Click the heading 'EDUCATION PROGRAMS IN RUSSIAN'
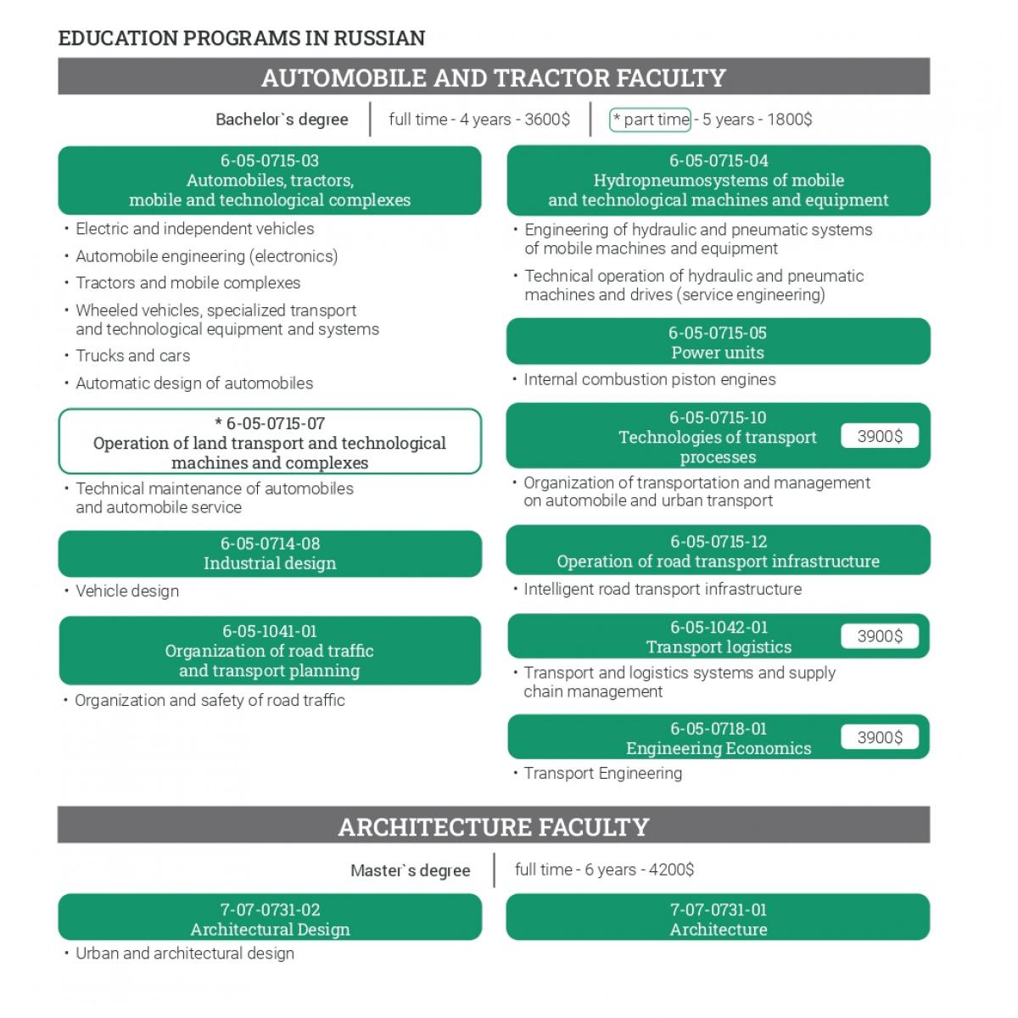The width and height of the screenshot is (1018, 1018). pos(242,38)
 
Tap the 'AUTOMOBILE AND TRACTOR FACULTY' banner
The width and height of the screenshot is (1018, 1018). pos(493,77)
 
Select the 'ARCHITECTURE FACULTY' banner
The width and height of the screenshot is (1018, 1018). pos(493,826)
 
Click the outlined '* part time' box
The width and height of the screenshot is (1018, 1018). pos(651,120)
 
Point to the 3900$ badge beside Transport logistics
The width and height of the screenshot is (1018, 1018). pos(880,636)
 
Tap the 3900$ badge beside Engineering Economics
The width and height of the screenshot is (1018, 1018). pos(880,737)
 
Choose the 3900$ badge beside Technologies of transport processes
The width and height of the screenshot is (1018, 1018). pos(880,436)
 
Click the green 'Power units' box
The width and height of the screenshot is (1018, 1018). pos(718,342)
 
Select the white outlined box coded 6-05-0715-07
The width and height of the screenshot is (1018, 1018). pos(270,442)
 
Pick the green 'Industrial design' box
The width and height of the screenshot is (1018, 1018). pos(270,553)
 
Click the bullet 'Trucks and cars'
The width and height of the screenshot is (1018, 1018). pos(133,356)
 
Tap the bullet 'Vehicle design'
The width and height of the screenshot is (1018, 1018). pos(127,591)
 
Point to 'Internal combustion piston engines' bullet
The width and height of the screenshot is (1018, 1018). pos(650,380)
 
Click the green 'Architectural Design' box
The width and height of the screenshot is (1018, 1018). pos(270,919)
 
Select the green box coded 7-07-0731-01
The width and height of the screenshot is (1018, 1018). pos(718,919)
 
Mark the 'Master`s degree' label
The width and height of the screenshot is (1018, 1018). pos(411,871)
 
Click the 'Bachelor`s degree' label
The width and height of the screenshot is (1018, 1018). pos(282,120)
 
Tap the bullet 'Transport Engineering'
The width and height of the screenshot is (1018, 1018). pos(603,774)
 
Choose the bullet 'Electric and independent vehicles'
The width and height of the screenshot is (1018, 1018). pos(195,229)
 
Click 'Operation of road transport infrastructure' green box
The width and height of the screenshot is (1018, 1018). pos(718,551)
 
